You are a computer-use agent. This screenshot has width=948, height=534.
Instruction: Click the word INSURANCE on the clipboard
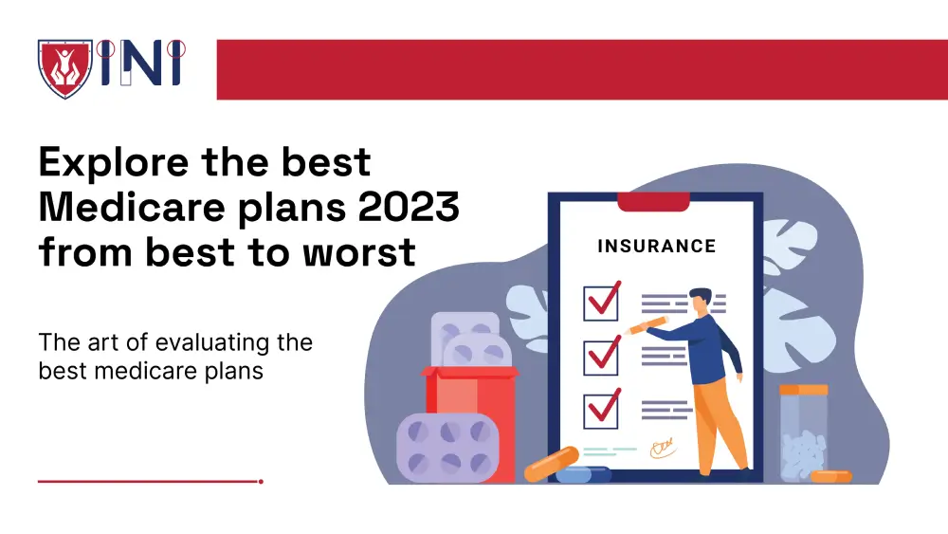pos(656,247)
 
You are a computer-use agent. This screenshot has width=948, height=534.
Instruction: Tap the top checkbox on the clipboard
pos(601,302)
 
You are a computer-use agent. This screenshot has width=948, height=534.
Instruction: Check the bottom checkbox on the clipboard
pos(601,409)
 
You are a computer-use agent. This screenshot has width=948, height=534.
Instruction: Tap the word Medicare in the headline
pos(125,207)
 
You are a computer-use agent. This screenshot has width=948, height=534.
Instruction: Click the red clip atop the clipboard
pos(652,201)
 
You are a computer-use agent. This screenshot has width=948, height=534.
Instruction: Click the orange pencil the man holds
pos(647,325)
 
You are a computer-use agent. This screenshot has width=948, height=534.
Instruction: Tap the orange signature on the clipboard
pos(661,446)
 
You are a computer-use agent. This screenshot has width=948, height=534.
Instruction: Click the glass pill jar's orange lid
pos(803,390)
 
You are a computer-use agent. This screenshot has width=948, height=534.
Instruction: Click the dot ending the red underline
pos(261,481)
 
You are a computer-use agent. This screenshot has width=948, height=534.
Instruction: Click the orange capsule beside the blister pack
pos(551,464)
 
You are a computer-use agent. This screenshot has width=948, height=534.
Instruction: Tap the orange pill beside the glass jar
pos(831,475)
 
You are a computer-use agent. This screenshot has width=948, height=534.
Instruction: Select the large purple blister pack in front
pos(447,446)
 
